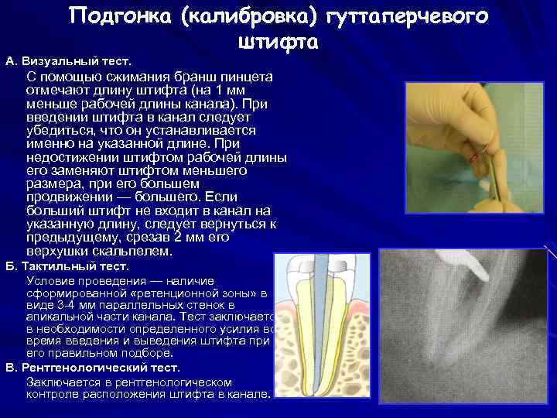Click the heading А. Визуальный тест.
tap(69, 60)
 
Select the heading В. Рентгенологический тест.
tap(92, 368)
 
